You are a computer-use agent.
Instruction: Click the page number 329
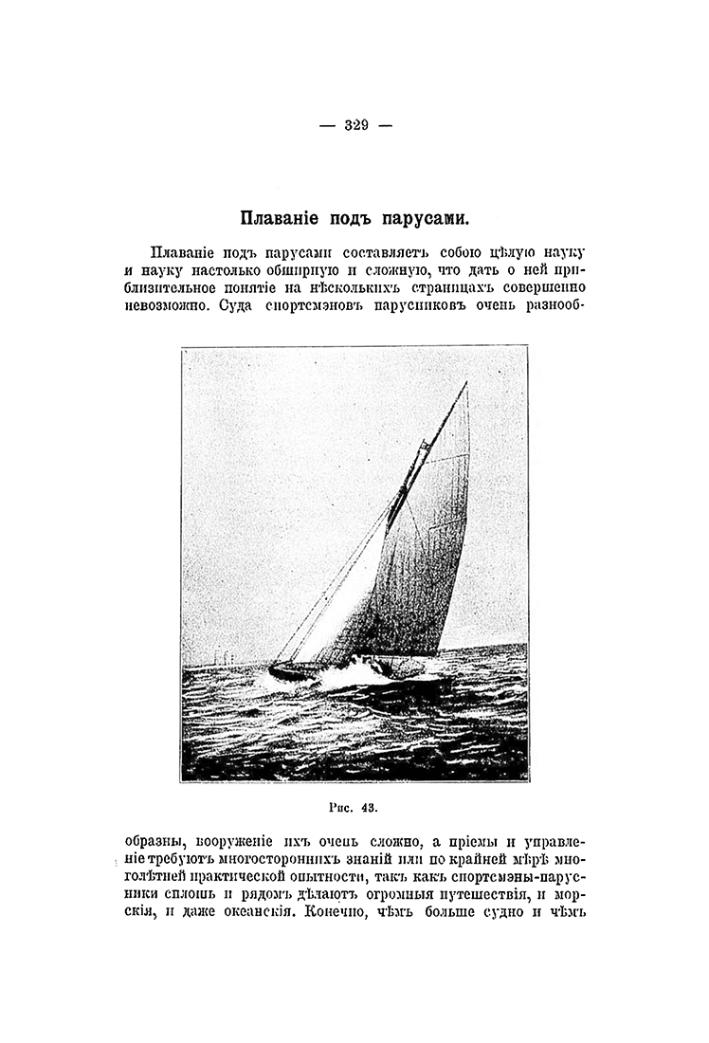click(355, 124)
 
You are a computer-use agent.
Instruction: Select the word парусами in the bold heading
click(424, 217)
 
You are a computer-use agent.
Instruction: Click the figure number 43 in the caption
click(368, 808)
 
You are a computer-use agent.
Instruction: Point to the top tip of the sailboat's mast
click(466, 383)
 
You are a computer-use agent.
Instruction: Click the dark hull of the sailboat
click(294, 671)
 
